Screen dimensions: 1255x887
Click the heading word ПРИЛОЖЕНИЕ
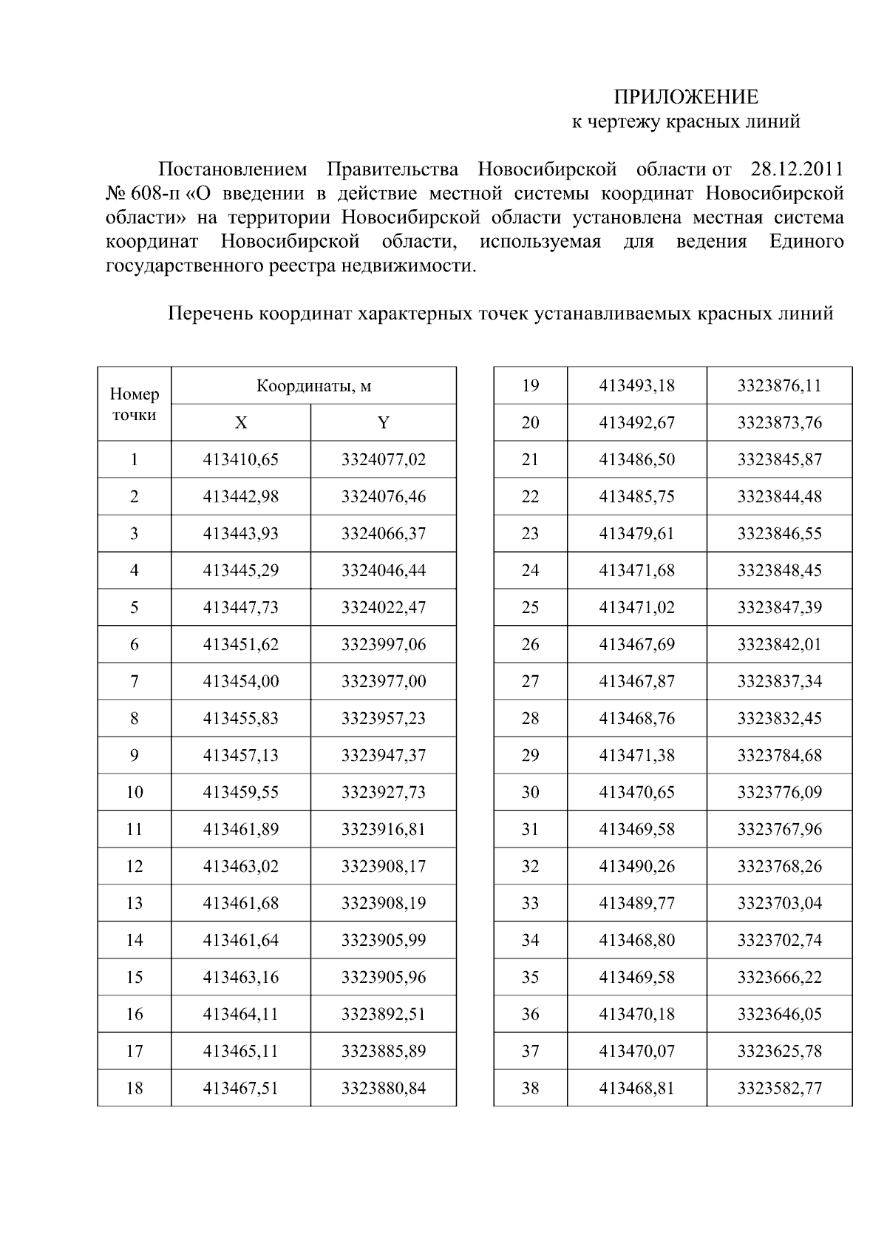687,98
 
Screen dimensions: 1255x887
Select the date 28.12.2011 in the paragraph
796,169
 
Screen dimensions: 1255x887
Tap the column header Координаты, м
313,385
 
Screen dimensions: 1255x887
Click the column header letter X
241,423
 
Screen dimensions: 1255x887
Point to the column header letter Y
383,423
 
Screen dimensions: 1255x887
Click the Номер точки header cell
135,404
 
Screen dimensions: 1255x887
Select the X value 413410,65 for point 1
241,460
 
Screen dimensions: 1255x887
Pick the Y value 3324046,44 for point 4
383,571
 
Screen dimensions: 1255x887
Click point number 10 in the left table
135,793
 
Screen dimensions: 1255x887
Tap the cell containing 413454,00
241,682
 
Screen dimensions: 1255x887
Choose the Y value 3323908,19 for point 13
383,904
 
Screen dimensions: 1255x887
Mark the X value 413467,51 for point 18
241,1089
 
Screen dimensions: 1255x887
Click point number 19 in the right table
530,386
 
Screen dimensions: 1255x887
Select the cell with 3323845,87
779,460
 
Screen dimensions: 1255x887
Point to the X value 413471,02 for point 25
636,608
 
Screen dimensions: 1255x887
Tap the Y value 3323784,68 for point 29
779,756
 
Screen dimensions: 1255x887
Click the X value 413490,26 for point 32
636,867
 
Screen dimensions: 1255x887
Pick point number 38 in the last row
530,1089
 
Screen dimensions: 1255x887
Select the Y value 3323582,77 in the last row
779,1089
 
